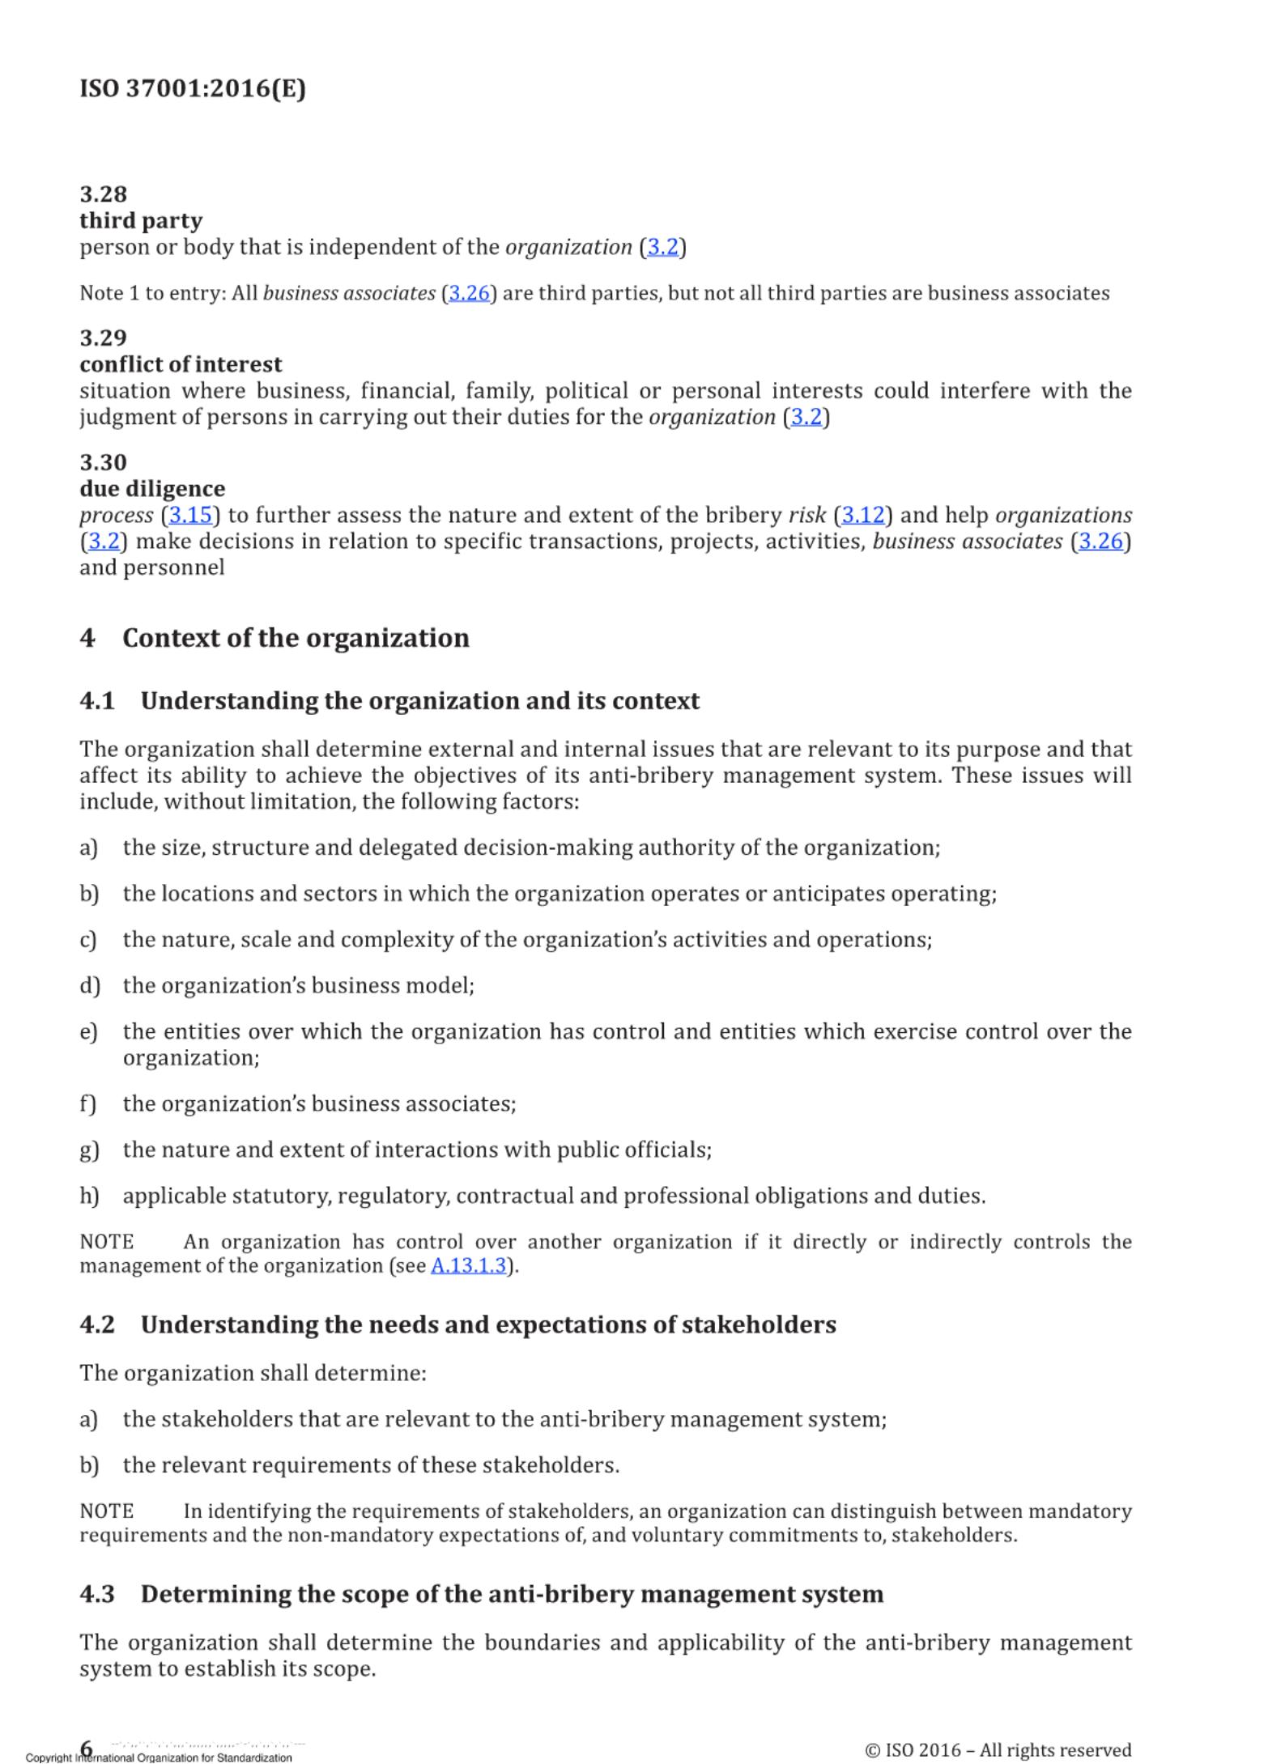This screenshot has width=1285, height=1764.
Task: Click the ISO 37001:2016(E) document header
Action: tap(193, 88)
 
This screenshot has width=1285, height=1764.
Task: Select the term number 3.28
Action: tap(103, 194)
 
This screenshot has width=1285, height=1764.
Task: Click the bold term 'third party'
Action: tap(141, 220)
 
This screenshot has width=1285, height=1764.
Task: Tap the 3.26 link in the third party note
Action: tap(470, 293)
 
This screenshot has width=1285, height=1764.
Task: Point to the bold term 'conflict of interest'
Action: tap(181, 364)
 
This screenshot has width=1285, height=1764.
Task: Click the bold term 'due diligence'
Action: tap(152, 489)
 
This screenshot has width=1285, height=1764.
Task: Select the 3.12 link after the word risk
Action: tap(862, 516)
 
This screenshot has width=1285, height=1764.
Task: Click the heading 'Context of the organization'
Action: tap(296, 638)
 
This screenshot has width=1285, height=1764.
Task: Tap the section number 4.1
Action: tap(97, 701)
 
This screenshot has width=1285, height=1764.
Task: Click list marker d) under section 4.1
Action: tap(89, 986)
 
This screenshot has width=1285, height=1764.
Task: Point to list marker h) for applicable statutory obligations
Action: tap(89, 1196)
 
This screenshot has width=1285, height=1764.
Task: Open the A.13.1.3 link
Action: tap(469, 1266)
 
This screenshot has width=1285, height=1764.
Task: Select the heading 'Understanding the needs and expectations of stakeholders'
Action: tap(488, 1324)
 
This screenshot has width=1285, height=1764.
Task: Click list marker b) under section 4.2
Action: tap(89, 1465)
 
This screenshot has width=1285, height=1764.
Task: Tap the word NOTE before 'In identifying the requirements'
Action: tap(106, 1511)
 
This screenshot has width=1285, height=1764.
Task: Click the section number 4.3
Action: tap(97, 1594)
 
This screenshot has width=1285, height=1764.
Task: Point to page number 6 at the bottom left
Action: tap(86, 1747)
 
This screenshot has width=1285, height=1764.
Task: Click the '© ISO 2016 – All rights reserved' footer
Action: tap(998, 1749)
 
